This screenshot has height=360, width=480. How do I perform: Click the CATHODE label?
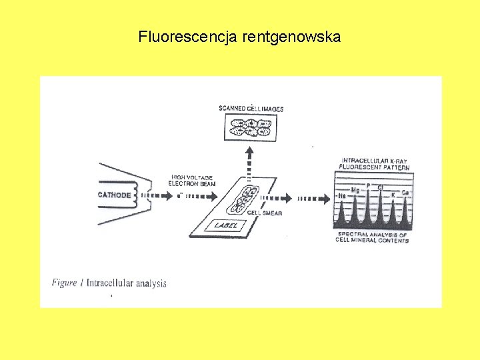pyautogui.click(x=114, y=195)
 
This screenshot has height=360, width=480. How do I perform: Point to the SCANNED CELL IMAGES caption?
pyautogui.click(x=251, y=109)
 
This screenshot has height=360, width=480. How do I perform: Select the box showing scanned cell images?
pyautogui.click(x=251, y=126)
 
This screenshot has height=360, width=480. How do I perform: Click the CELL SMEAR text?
pyautogui.click(x=265, y=213)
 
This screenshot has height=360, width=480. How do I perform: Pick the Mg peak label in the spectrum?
pyautogui.click(x=355, y=191)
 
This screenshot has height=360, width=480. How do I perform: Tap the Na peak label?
pyautogui.click(x=342, y=196)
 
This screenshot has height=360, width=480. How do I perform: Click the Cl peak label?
pyautogui.click(x=380, y=187)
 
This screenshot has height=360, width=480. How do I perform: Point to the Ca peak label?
pyautogui.click(x=405, y=192)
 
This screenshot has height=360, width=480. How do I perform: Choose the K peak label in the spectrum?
pyautogui.click(x=393, y=195)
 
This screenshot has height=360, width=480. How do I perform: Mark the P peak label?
pyautogui.click(x=367, y=185)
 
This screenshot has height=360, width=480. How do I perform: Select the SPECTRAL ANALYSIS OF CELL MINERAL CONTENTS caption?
pyautogui.click(x=372, y=237)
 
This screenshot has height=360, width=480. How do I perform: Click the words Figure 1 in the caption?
pyautogui.click(x=67, y=283)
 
